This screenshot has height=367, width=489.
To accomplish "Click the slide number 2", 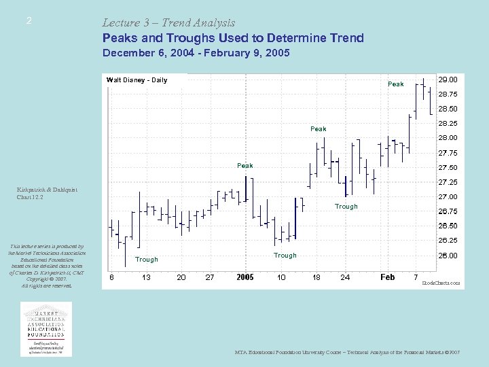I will click(x=29, y=21).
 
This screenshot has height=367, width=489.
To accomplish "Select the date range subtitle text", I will click(x=196, y=52).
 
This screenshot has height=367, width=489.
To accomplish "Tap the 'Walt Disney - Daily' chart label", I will click(x=137, y=80).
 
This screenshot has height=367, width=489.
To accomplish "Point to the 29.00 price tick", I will click(x=448, y=80).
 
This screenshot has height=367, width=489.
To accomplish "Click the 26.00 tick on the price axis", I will click(x=448, y=256).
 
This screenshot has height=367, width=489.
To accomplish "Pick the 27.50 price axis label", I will click(x=448, y=168).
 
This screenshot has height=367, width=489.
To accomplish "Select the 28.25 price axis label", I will click(x=448, y=124).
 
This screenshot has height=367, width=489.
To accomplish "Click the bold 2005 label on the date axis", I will click(x=245, y=277).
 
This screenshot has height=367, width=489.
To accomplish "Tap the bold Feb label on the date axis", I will click(x=387, y=277).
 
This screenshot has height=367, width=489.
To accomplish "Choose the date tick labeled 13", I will click(x=146, y=277).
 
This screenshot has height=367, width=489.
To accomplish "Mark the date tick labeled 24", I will click(x=345, y=277).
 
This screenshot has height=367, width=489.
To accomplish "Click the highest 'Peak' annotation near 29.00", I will click(x=395, y=84).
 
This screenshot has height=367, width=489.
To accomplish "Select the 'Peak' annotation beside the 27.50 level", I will click(x=244, y=166).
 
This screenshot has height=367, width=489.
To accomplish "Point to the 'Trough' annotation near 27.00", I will click(x=346, y=207).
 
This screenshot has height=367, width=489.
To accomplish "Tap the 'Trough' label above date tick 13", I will click(x=146, y=260).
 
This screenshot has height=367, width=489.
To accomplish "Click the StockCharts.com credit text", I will click(x=441, y=282).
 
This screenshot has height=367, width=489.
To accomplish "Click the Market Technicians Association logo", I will click(x=47, y=328).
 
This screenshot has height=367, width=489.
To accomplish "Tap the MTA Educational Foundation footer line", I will click(x=347, y=353).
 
